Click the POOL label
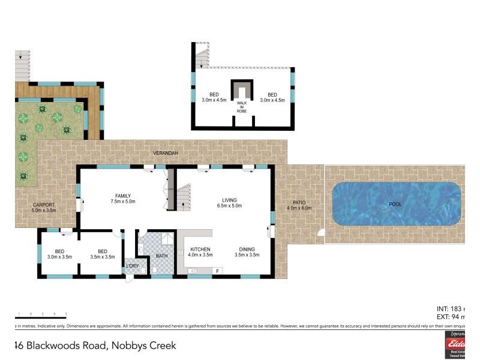pos(394,204)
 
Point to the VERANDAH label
pos(164,154)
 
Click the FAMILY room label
pos(123,196)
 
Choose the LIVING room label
pos(229,200)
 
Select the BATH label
pos(162,256)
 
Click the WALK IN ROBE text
pos(242,107)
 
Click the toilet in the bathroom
pos(154,270)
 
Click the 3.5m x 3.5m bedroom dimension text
pos(102,256)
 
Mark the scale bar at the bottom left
pos(40,316)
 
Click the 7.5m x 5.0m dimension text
pos(123,202)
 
